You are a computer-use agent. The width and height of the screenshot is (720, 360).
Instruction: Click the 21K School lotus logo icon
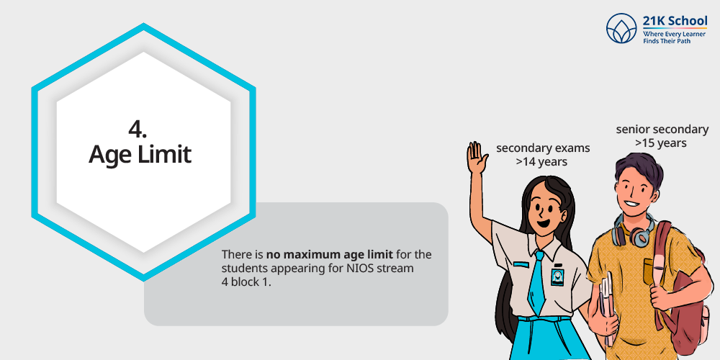tap(621, 28)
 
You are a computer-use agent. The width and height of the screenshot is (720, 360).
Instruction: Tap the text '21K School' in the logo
tap(675, 21)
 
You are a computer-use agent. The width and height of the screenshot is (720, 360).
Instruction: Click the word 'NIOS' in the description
tap(362, 268)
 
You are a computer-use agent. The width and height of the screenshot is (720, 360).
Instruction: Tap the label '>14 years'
tap(541, 161)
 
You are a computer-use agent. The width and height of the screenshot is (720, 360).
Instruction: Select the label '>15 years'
tap(661, 143)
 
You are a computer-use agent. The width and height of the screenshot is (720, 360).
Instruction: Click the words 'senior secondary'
tap(662, 130)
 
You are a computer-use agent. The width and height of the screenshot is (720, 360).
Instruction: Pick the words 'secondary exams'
tap(543, 148)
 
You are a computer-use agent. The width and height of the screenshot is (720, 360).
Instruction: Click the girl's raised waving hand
tap(477, 157)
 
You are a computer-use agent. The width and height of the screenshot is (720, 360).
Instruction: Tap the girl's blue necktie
tap(536, 280)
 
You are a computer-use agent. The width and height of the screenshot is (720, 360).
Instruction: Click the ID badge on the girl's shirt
tap(557, 277)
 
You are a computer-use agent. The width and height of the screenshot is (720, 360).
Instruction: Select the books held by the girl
tap(607, 305)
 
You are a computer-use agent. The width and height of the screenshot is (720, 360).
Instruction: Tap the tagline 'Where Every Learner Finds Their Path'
tap(667, 37)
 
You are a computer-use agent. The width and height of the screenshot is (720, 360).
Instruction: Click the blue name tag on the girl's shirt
tap(521, 264)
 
